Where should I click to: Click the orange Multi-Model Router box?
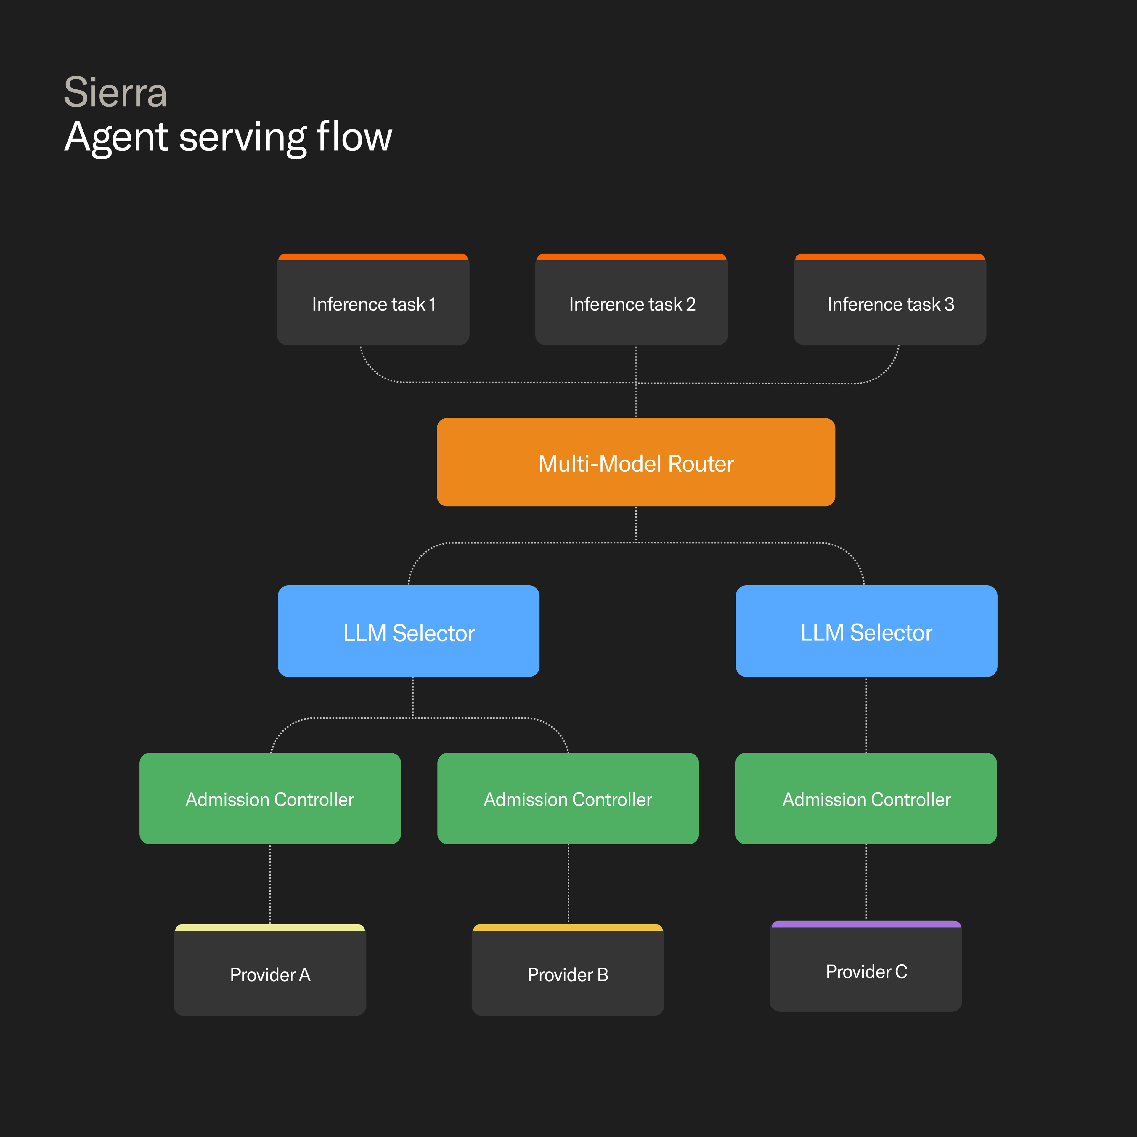click(x=636, y=462)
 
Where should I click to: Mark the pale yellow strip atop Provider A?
click(x=270, y=927)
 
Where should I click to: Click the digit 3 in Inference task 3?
click(x=949, y=304)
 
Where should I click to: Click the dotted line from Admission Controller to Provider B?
click(x=568, y=884)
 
